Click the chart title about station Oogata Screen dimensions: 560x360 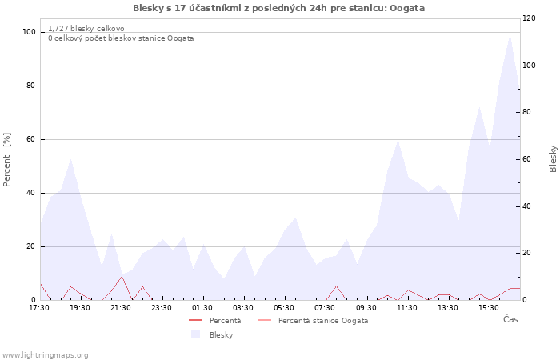click(278, 8)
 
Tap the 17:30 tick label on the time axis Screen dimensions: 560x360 click(39, 308)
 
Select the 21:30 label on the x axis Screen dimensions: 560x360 click(121, 308)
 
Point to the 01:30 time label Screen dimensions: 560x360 click(202, 308)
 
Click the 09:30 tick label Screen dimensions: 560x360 click(366, 308)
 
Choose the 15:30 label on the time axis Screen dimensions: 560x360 click(489, 308)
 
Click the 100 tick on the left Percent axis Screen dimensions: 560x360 click(29, 32)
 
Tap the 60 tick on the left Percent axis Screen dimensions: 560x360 click(30, 139)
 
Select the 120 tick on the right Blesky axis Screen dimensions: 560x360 click(529, 18)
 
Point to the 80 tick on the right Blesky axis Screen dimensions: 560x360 click(526, 112)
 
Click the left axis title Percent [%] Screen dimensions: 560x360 click(6, 160)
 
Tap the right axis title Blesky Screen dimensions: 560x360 click(553, 158)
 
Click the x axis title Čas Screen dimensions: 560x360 click(510, 319)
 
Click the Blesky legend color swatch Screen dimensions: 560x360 click(195, 334)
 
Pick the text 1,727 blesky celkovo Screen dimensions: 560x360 click(86, 29)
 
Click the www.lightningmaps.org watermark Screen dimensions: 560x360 click(45, 355)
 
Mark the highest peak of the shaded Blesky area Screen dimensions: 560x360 click(510, 34)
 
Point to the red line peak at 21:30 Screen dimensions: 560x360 click(122, 276)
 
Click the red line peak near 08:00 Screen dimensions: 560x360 click(336, 286)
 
